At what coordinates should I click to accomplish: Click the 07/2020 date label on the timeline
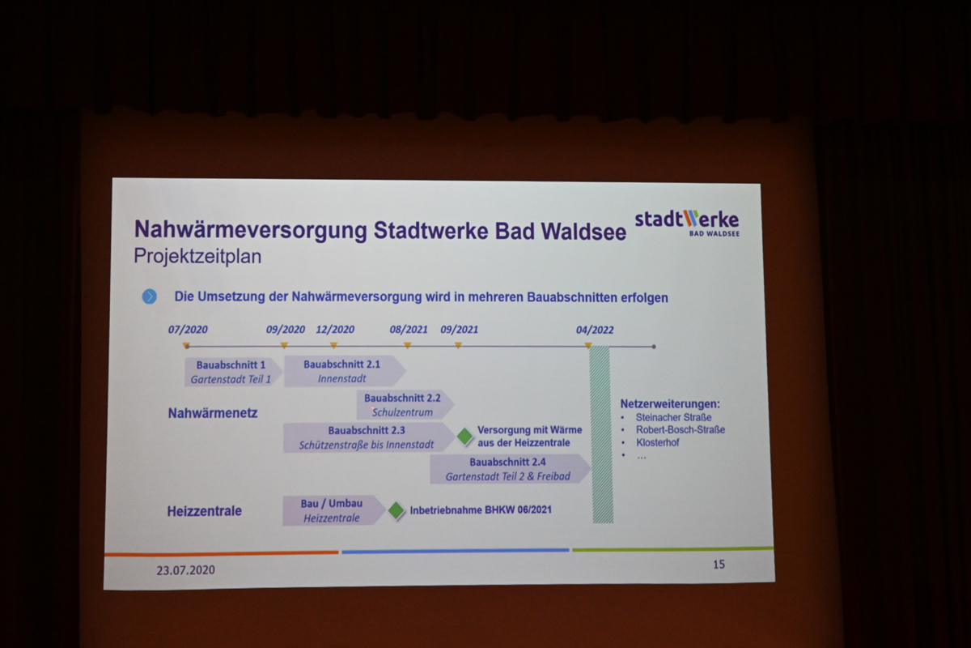pos(188,330)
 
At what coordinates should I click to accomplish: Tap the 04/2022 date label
pos(595,330)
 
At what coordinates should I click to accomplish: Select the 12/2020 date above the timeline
pos(335,330)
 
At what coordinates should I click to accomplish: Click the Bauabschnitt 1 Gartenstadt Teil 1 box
pos(233,372)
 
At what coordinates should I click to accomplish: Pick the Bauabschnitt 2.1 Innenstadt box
pos(345,371)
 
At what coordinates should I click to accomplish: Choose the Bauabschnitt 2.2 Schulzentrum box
pos(405,405)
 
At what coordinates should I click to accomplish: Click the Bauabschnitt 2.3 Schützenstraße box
pos(369,437)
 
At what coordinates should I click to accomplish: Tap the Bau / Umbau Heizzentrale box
pos(333,510)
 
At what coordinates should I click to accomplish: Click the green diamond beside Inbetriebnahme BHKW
pos(396,510)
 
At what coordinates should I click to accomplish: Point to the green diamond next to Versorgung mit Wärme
pos(464,437)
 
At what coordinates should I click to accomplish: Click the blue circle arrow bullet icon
pos(150,297)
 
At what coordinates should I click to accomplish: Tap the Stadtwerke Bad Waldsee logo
pos(687,223)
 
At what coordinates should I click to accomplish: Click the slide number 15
pos(719,565)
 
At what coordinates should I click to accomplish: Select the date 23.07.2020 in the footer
pos(185,570)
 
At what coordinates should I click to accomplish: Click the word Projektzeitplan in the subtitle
pos(197,256)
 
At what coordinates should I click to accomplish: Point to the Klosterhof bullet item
pos(657,443)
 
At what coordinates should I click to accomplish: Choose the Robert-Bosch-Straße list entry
pos(681,429)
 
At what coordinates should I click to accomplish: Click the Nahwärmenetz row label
pos(212,413)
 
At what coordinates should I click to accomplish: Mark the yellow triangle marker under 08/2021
pos(408,346)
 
